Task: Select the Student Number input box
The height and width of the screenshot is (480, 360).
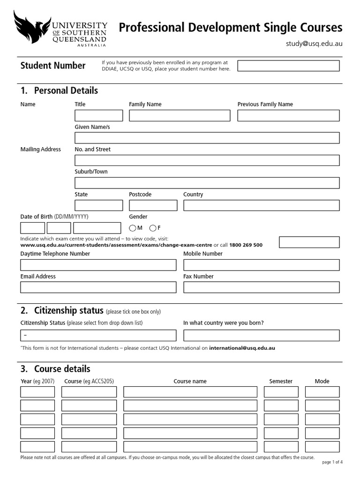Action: click(x=288, y=66)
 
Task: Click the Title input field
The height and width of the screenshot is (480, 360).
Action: click(x=98, y=116)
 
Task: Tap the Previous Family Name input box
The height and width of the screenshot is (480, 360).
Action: click(x=288, y=116)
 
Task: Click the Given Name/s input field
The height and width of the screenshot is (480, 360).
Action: click(x=207, y=138)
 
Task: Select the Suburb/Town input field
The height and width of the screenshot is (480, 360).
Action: click(x=207, y=183)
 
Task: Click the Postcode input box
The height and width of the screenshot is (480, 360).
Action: click(x=153, y=205)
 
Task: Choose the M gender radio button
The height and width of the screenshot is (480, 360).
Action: click(x=133, y=228)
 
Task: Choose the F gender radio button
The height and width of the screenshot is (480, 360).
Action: click(x=153, y=228)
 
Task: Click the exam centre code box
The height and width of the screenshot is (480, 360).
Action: click(x=309, y=242)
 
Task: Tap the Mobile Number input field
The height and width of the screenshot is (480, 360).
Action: click(x=261, y=265)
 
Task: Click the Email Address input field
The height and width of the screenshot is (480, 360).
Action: click(x=98, y=287)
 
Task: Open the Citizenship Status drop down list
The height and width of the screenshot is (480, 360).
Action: click(x=98, y=336)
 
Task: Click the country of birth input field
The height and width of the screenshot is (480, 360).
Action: click(x=261, y=336)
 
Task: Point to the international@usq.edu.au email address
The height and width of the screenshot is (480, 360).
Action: click(x=242, y=348)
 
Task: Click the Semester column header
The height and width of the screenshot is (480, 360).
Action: click(x=281, y=382)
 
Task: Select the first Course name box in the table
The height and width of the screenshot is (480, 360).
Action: click(x=190, y=392)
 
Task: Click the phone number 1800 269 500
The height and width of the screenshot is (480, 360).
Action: click(x=246, y=245)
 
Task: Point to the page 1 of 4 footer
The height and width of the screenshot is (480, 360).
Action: click(x=332, y=462)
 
